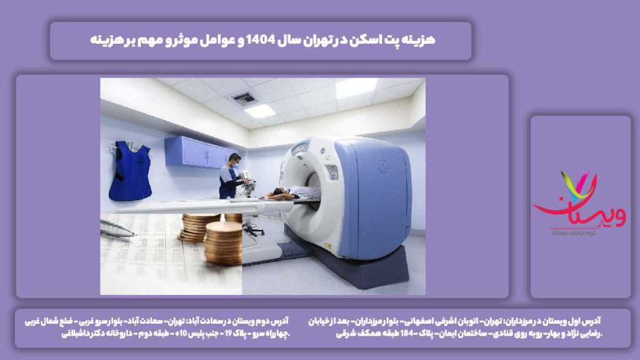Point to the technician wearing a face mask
click(x=229, y=176)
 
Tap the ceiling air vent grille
click(x=244, y=98)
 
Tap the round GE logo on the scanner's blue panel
click(x=383, y=166)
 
